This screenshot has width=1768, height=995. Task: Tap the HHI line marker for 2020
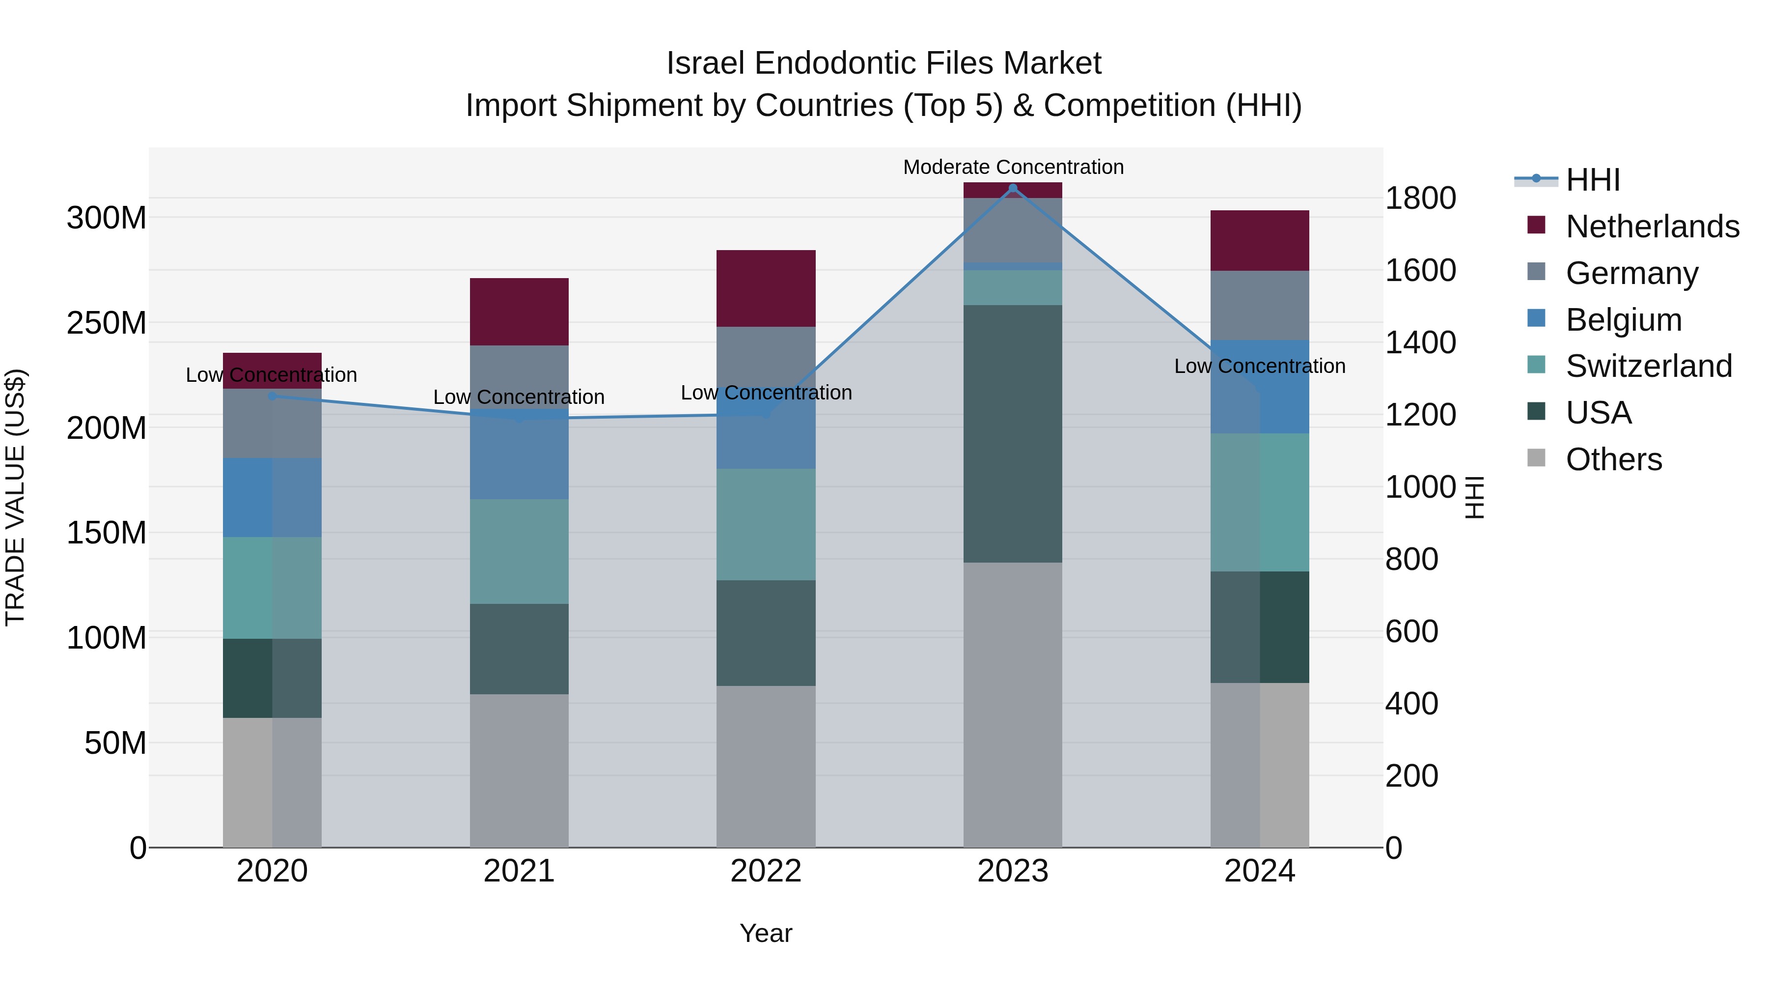[x=272, y=396]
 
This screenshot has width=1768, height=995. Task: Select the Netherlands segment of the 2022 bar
[x=766, y=288]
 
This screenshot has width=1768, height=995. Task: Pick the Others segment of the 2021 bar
[x=519, y=770]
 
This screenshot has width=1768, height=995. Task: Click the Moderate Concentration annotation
[x=1013, y=167]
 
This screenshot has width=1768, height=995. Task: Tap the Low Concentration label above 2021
[x=519, y=397]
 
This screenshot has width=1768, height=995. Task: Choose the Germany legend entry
[x=1631, y=273]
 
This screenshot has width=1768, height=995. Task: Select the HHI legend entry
[x=1592, y=180]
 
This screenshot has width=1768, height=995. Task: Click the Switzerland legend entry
[x=1649, y=366]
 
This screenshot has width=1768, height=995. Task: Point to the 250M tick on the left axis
[x=107, y=323]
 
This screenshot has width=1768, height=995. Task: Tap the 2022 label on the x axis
[x=766, y=871]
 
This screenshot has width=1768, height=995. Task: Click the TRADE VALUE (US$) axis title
[x=15, y=497]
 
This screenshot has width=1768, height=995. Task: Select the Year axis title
[x=766, y=933]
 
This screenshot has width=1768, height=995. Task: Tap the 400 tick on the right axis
[x=1412, y=704]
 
